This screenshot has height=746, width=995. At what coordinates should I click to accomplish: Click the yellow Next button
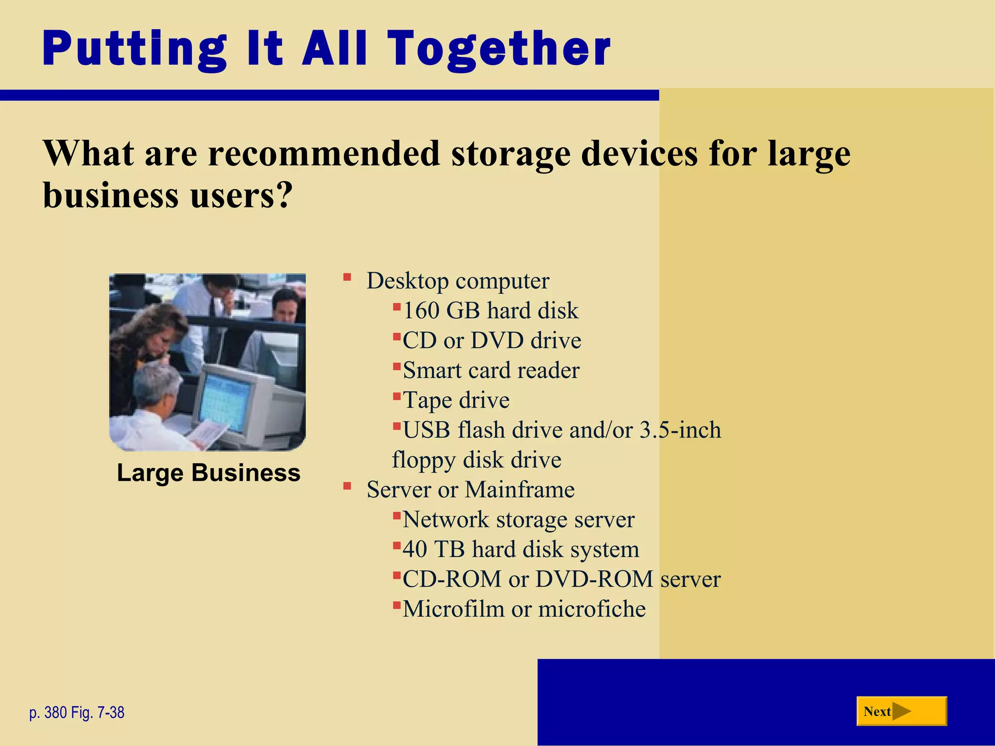coord(901,712)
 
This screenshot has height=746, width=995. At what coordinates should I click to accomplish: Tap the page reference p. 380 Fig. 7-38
coord(77,712)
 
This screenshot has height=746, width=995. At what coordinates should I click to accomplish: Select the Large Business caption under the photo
coord(208,473)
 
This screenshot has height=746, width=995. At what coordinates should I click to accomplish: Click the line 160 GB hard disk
coord(491,311)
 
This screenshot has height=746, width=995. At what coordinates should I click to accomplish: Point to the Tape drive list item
coord(456,400)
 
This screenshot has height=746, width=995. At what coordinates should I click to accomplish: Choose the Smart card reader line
coord(491,371)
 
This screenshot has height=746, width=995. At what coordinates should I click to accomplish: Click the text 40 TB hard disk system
coord(520,549)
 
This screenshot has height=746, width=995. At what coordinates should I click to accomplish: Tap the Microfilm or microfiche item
coord(524,609)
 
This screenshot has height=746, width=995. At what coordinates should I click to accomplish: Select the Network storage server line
coord(518,520)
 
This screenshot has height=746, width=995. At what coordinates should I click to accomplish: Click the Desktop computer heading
coord(458,281)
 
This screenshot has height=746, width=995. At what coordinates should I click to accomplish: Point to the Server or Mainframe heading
coord(470,490)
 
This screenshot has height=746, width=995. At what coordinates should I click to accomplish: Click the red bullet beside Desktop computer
coord(347,278)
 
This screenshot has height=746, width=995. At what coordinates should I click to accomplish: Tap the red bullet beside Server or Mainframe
coord(347,486)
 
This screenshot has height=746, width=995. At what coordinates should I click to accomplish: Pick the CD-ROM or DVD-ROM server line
coord(561,579)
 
